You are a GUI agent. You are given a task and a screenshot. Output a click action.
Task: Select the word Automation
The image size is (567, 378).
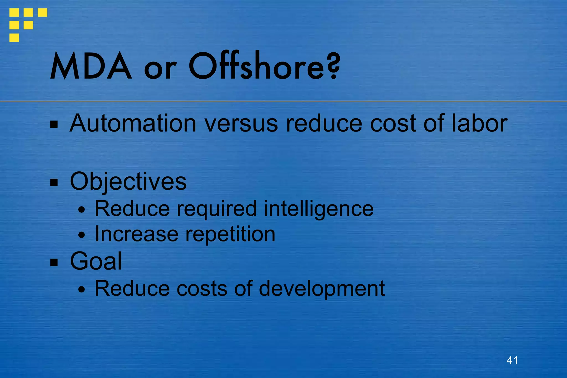[x=133, y=123]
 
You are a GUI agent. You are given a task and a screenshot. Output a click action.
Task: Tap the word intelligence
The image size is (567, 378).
[x=318, y=209]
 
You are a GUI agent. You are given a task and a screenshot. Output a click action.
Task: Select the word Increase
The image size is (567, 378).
[x=136, y=234]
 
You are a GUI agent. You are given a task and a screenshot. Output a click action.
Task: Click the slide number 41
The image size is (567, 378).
[x=512, y=360]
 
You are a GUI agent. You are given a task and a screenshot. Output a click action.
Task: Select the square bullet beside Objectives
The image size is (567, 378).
[x=54, y=182]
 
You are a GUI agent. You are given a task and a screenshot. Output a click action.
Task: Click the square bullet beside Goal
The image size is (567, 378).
[x=54, y=262]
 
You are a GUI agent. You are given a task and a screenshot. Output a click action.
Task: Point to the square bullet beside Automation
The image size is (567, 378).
[x=54, y=125]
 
